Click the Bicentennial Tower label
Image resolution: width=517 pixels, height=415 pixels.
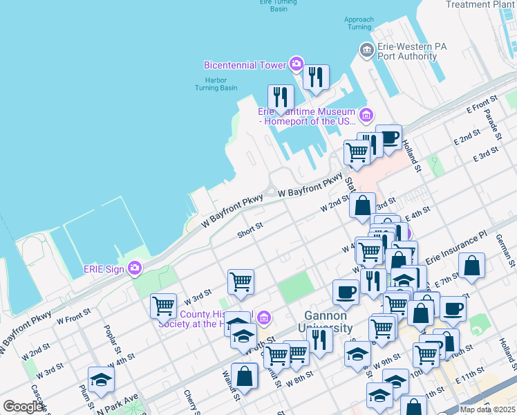click(x=245, y=65)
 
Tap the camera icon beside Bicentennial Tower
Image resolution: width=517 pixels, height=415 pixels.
click(x=297, y=64)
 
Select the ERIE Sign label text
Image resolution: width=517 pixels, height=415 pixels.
click(x=103, y=268)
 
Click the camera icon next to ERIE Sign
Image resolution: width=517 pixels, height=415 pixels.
click(x=135, y=267)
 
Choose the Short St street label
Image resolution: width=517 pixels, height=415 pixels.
click(x=250, y=230)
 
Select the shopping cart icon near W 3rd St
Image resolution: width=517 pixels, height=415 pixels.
click(x=163, y=305)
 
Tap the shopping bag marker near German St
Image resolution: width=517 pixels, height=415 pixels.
click(x=471, y=266)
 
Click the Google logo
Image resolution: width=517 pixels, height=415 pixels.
click(x=23, y=407)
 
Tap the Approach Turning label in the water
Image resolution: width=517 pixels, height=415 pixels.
click(x=359, y=23)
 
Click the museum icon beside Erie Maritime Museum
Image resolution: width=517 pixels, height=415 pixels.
click(x=366, y=114)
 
